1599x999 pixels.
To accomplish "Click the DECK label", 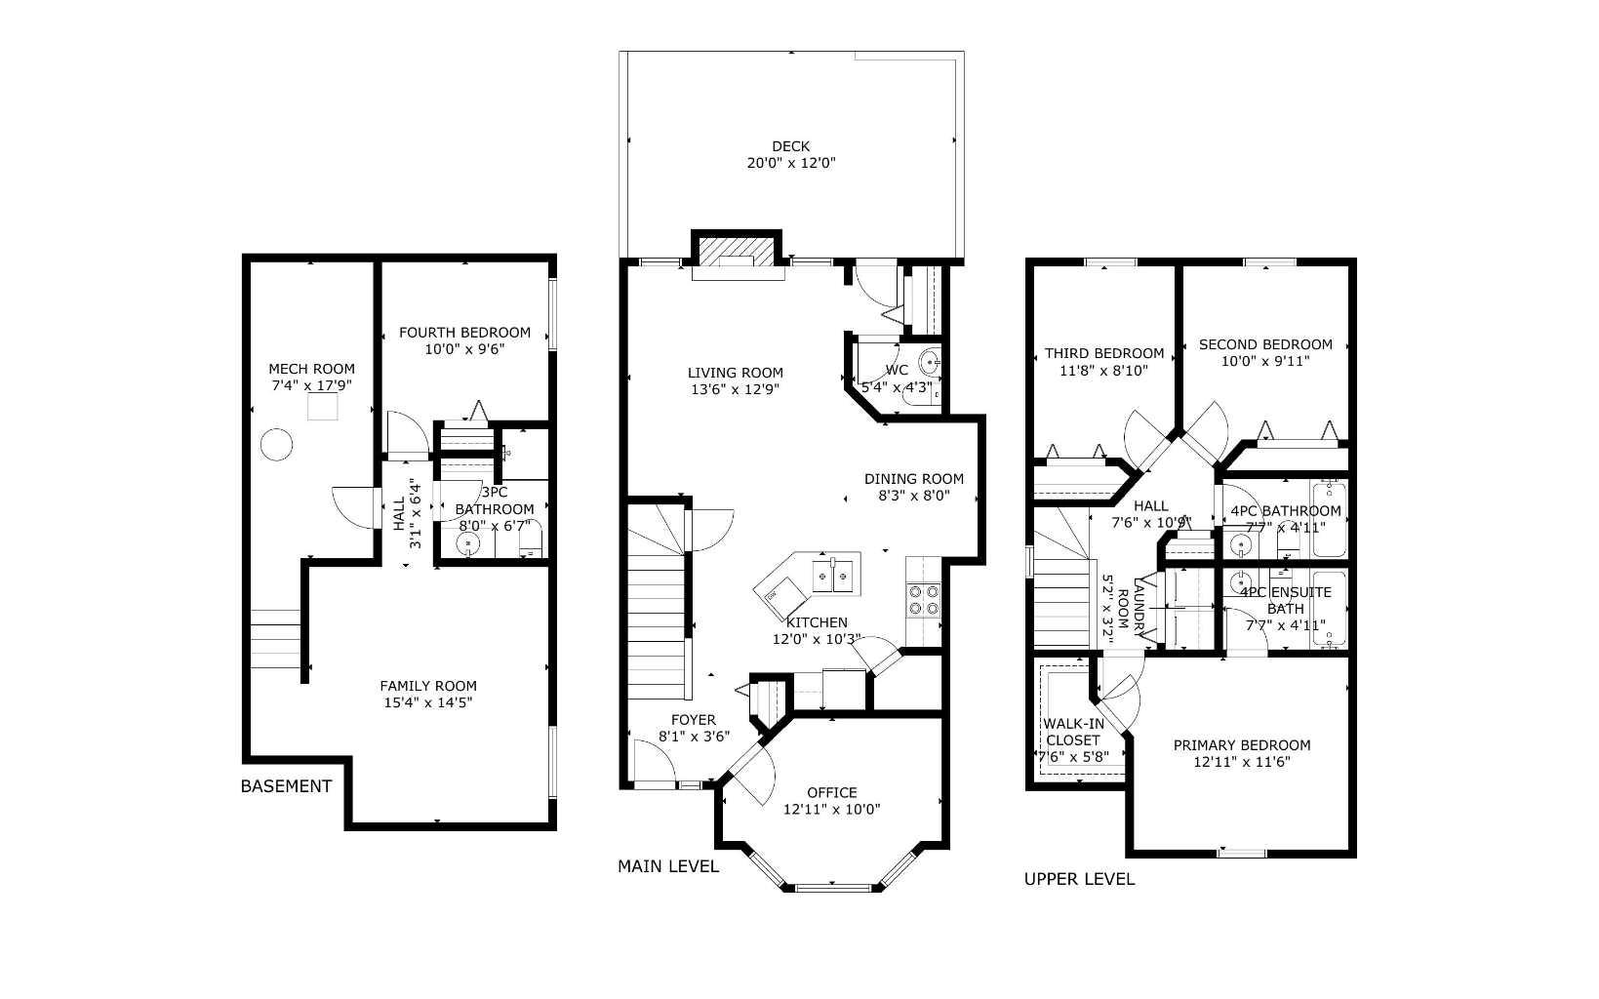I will coord(790,146).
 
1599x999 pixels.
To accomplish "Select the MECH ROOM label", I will coord(311,369).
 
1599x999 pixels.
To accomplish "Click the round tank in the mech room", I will coord(276,445).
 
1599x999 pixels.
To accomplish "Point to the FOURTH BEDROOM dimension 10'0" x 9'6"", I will coord(464,348).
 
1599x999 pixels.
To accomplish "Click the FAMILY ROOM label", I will coord(428,686).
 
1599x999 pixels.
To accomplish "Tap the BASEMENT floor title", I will coord(286,786).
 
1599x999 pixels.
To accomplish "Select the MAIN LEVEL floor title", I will coord(668,866).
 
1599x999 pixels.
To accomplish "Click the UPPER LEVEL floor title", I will coord(1079,879).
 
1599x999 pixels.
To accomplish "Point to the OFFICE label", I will coord(831,792).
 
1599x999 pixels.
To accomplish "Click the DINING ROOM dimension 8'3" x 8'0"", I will coord(913,496).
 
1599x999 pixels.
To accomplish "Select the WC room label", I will coord(897,370).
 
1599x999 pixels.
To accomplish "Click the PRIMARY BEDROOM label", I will coord(1241,745).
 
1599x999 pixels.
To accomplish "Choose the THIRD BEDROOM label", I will coord(1103,353).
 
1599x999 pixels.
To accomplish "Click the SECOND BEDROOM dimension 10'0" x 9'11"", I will coord(1264,361).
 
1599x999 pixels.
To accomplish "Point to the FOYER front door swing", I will coord(652,761).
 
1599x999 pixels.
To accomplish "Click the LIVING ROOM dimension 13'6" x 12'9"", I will coord(735,389).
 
